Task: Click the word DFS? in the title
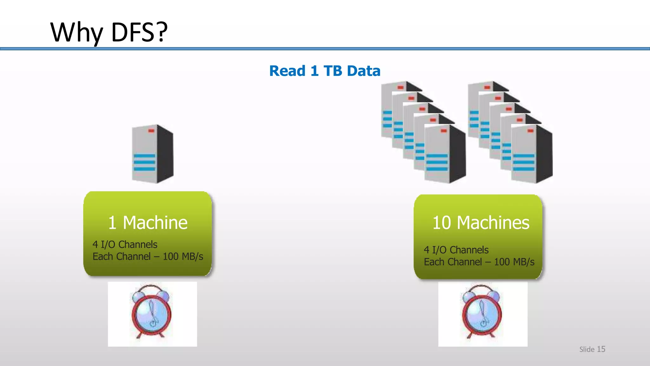(139, 32)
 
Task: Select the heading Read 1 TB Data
(325, 71)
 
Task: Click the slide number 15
(601, 349)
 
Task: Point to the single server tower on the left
(153, 154)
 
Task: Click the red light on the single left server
(151, 131)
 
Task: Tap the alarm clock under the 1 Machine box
(152, 312)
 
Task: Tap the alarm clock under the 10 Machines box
(482, 312)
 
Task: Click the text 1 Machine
(148, 223)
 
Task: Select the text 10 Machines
(481, 223)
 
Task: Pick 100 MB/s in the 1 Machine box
(183, 257)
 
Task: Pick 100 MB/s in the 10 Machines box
(514, 262)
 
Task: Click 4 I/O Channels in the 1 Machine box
(125, 245)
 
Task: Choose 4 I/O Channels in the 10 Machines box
(456, 250)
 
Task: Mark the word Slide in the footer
(587, 349)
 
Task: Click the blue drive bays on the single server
(144, 162)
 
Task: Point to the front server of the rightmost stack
(532, 154)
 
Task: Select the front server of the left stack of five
(445, 154)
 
